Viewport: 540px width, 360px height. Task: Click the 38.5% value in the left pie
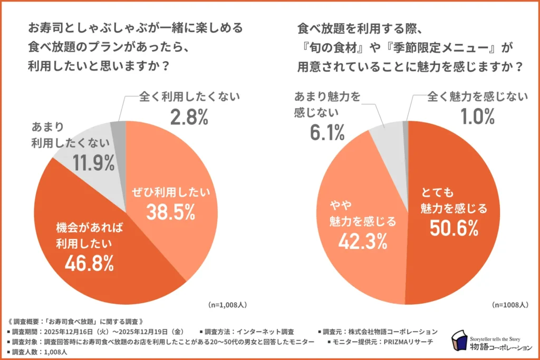point(171,212)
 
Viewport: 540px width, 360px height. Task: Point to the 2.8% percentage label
point(189,117)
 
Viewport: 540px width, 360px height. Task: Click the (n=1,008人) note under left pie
point(228,305)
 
